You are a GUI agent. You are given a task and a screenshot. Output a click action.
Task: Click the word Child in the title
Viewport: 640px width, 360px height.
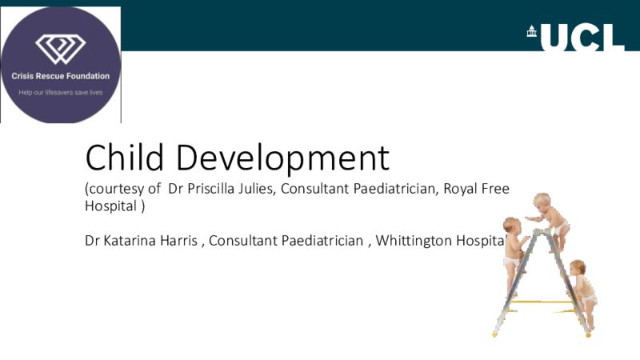[x=125, y=157]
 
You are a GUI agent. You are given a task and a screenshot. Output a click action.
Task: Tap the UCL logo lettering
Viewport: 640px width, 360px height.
[x=582, y=37]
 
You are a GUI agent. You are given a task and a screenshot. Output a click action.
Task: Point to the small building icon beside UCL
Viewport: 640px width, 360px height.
[x=531, y=30]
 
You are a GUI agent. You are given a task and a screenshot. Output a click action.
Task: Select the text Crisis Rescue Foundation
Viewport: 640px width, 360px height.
[x=61, y=76]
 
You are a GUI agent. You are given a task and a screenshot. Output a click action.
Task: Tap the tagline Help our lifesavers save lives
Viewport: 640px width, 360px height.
[x=61, y=93]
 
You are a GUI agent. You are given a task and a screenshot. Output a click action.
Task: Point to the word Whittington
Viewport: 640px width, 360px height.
[x=414, y=241]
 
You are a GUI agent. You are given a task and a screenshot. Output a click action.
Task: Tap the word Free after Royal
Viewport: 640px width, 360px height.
[x=495, y=189]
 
